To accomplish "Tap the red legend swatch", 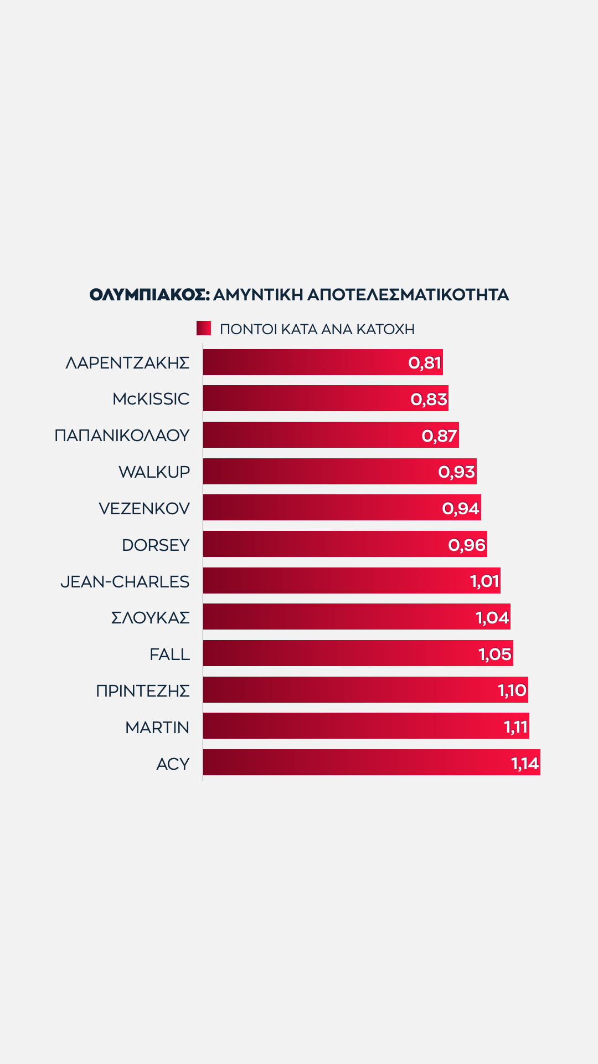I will [x=204, y=328].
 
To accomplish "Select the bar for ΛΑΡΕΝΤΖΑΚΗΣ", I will [x=305, y=362].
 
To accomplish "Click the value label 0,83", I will [x=429, y=399].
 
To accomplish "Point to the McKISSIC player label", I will [x=151, y=399].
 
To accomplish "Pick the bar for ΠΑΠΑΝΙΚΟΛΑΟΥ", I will [x=310, y=435].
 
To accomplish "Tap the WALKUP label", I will [x=154, y=472].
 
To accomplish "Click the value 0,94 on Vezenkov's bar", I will [x=461, y=508].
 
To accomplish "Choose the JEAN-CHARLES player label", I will [x=125, y=582].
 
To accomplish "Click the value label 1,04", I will [x=492, y=617].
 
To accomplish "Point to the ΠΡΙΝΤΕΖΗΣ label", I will [x=143, y=691].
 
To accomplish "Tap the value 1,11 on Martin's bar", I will [x=515, y=727].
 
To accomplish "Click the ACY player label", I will [x=173, y=764].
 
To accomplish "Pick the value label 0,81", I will [x=425, y=363].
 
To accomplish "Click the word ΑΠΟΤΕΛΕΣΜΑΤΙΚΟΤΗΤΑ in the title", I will [x=408, y=295].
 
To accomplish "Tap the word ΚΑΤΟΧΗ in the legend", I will [x=385, y=329].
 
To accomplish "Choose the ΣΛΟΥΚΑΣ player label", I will [x=151, y=618].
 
